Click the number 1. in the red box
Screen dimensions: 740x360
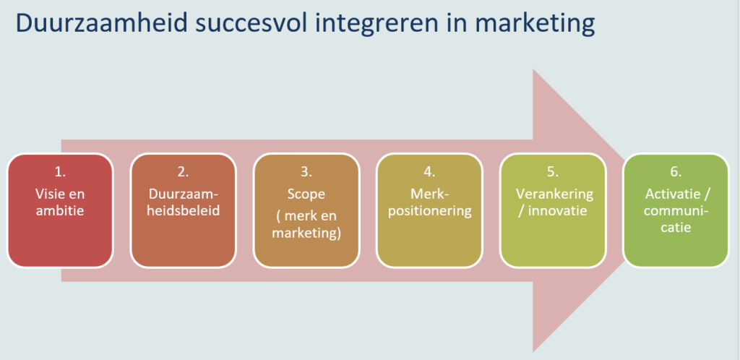[x=61, y=172]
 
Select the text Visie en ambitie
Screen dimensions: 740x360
[x=61, y=202]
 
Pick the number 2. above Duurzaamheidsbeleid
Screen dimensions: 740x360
[x=184, y=172]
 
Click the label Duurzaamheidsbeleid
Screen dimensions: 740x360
[x=184, y=202]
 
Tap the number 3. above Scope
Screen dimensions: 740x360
[x=306, y=172]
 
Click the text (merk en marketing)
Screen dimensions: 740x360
[x=306, y=226]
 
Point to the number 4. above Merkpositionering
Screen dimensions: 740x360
[x=429, y=172]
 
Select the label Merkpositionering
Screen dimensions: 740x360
[x=429, y=202]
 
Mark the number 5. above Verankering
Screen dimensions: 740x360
[x=553, y=172]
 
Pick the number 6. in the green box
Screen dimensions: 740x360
[x=676, y=172]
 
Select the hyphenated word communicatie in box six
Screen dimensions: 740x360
[x=676, y=219]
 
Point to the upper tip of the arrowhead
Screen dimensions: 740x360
[x=533, y=69]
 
